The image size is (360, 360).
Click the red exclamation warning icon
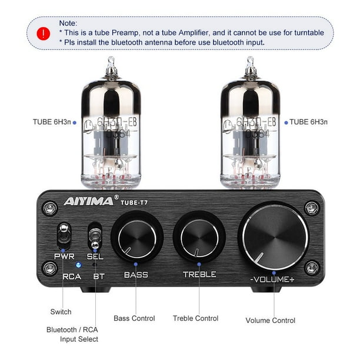pyautogui.click(x=43, y=33)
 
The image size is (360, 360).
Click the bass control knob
pyautogui.click(x=137, y=239)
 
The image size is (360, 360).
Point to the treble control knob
pyautogui.click(x=199, y=238)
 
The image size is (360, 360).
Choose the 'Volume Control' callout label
pyautogui.click(x=270, y=321)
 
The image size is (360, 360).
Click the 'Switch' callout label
pyautogui.click(x=61, y=312)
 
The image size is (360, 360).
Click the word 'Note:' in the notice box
pyautogui.click(x=68, y=23)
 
